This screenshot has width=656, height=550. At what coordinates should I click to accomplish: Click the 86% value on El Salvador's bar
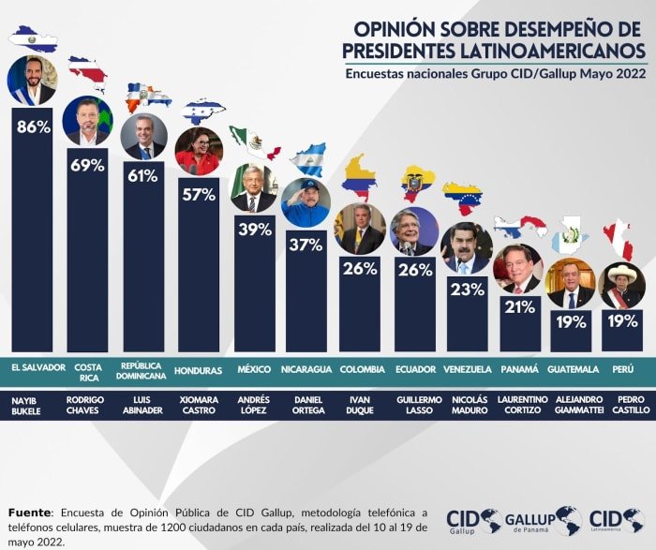tap(34, 126)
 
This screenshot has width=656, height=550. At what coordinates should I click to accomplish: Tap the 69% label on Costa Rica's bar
tap(87, 166)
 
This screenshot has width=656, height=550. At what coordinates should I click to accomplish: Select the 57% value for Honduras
tap(199, 195)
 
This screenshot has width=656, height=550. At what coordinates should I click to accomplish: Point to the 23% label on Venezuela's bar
tap(468, 290)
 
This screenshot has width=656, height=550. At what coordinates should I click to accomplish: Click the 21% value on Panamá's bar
tap(519, 307)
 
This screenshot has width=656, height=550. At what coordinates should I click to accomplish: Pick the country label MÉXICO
tap(254, 369)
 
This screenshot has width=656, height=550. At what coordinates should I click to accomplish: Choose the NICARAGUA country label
tap(306, 369)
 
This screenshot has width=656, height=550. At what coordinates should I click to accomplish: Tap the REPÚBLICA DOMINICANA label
tap(141, 371)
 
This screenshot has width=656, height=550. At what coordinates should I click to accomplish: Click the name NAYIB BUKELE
tap(26, 406)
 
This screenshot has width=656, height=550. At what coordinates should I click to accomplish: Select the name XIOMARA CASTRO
tap(199, 405)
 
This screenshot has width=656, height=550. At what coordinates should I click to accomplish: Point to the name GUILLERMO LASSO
tap(419, 405)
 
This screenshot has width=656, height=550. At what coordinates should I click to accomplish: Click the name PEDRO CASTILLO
tap(631, 405)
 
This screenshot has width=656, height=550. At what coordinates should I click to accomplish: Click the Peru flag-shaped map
tap(619, 242)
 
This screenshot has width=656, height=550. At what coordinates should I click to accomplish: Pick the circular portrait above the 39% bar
tap(255, 188)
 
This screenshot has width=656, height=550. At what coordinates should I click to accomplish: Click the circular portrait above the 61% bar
tap(144, 137)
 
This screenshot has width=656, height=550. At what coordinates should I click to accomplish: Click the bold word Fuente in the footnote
tap(29, 513)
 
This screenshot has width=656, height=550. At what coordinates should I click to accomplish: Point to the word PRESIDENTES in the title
tap(399, 51)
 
